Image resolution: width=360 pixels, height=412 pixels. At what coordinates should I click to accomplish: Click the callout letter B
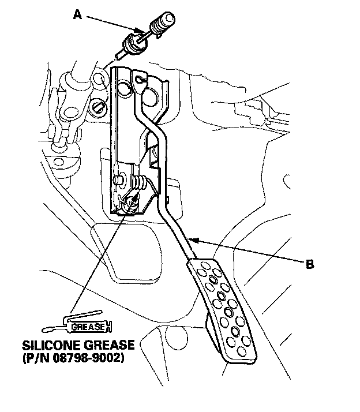310,265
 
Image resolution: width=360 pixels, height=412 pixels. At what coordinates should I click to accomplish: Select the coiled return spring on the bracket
139,183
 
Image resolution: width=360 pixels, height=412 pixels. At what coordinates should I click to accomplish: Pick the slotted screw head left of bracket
97,106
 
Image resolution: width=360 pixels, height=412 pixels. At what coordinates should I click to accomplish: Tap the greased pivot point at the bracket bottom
132,202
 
